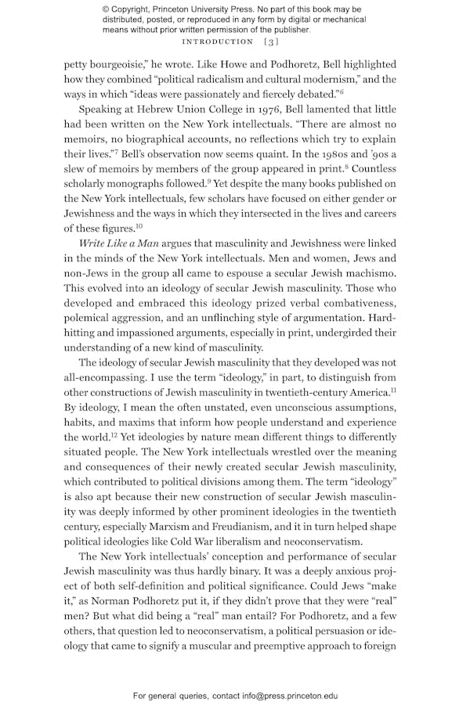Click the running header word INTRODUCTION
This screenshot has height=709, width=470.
217,41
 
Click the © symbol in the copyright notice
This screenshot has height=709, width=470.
106,9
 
